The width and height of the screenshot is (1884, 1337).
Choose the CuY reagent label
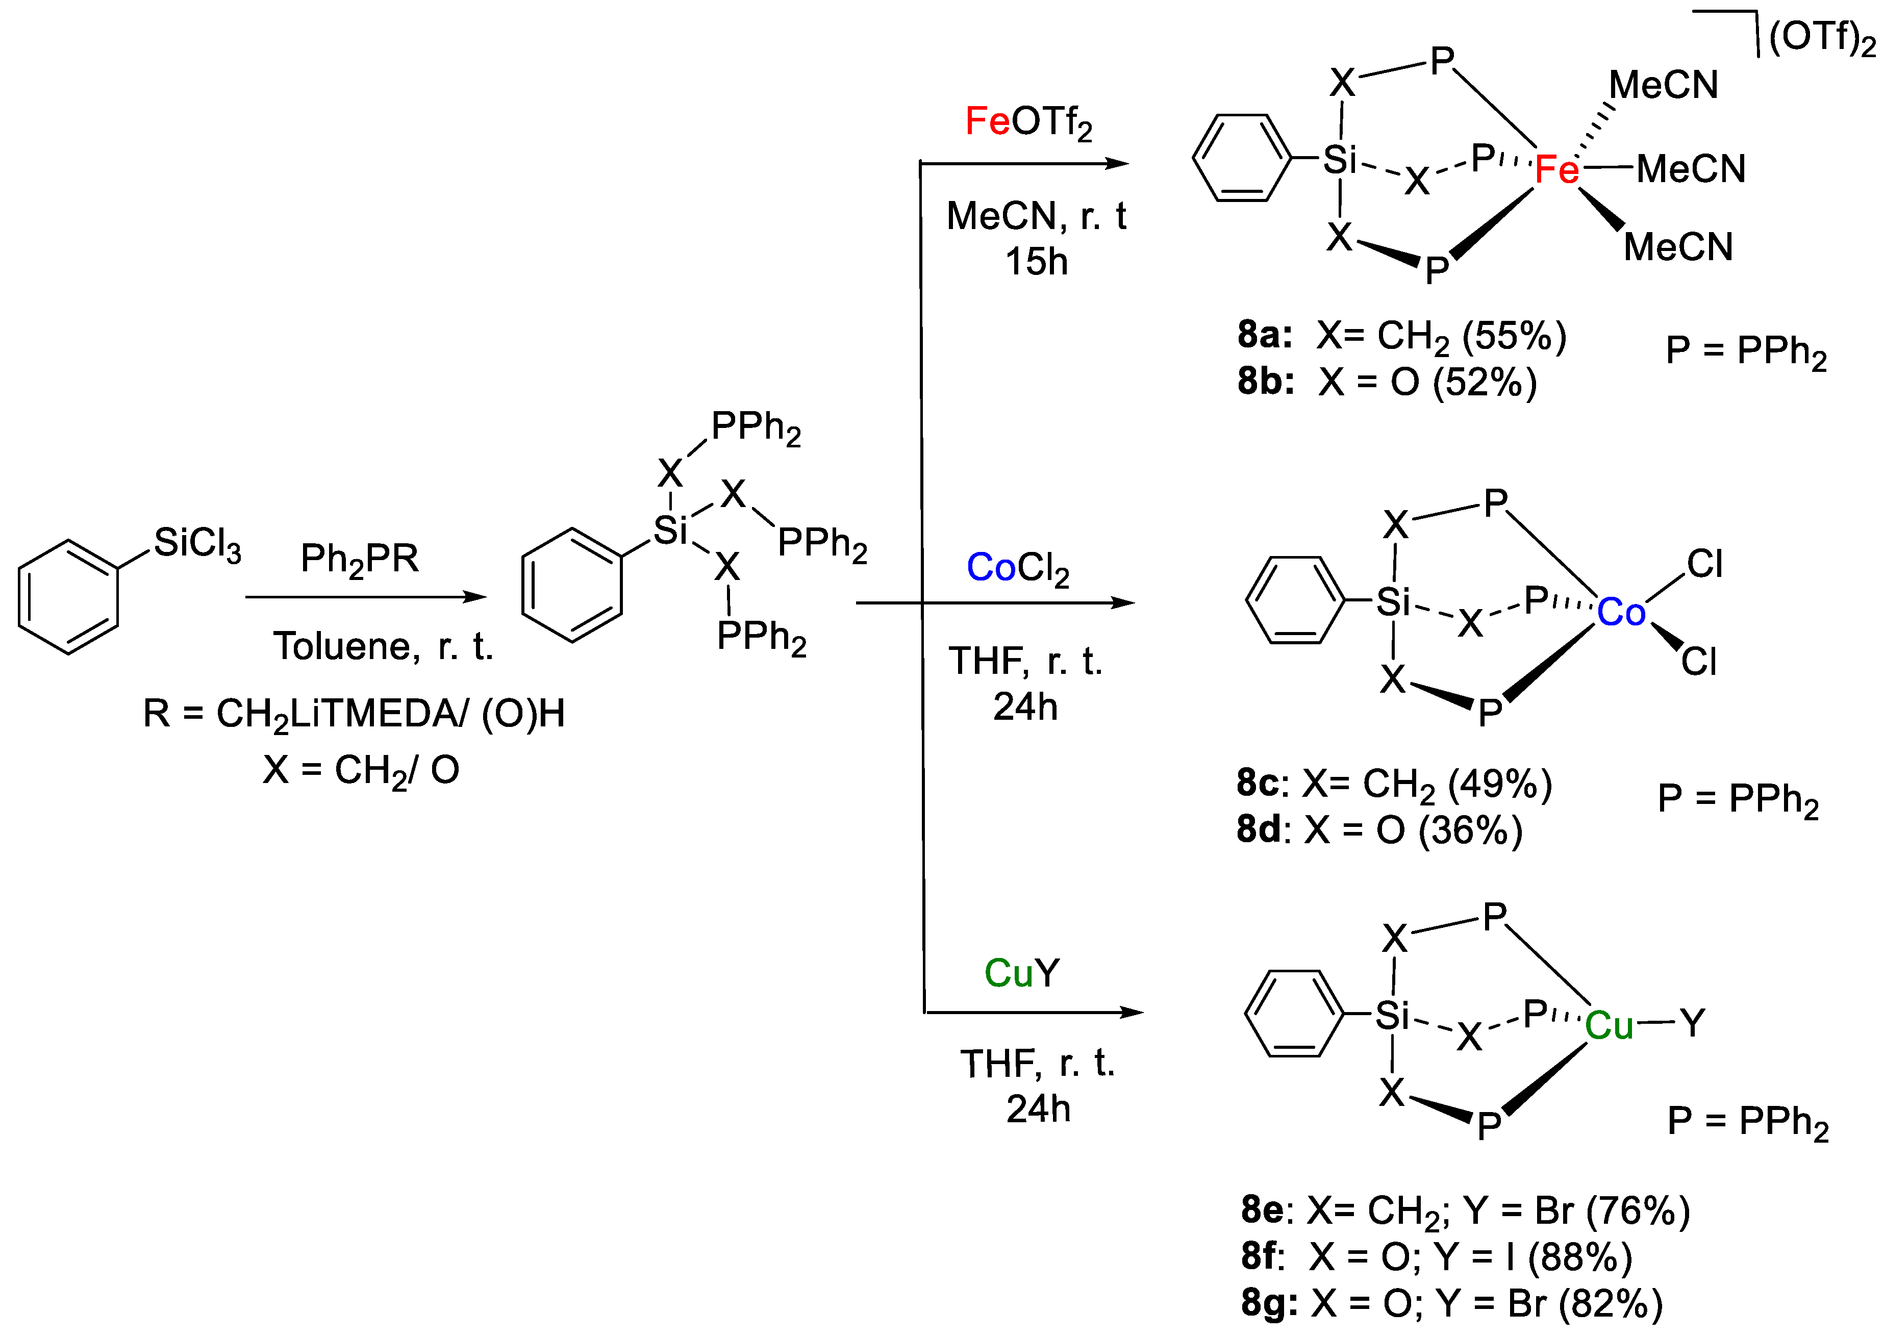point(1021,974)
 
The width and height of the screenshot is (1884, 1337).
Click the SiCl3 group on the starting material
point(197,544)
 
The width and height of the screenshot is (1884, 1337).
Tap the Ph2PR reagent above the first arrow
point(359,560)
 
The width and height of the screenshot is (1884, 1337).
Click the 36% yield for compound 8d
point(1470,830)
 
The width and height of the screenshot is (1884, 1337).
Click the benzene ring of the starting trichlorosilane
point(68,597)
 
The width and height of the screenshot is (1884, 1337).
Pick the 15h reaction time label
point(1036,262)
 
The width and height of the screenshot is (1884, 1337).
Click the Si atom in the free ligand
point(670,531)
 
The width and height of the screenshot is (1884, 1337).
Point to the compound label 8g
point(1269,1303)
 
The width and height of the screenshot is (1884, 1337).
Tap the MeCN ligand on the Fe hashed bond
point(1663,85)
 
